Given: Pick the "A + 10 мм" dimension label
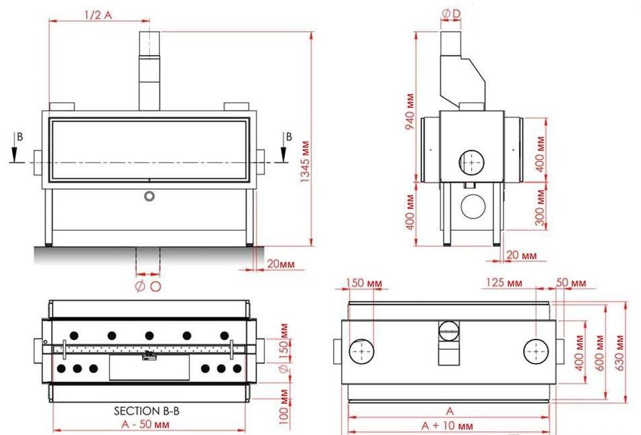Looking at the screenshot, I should [x=446, y=426].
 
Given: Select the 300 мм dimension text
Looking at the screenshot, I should [x=539, y=206].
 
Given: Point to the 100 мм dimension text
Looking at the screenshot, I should [x=284, y=409].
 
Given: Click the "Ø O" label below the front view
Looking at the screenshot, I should [x=148, y=287].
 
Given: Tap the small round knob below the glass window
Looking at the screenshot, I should [x=149, y=196].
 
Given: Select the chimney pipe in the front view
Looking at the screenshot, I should [x=148, y=71].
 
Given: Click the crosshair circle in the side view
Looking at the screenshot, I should [x=471, y=162].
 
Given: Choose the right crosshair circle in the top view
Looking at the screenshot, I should [x=537, y=351].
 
